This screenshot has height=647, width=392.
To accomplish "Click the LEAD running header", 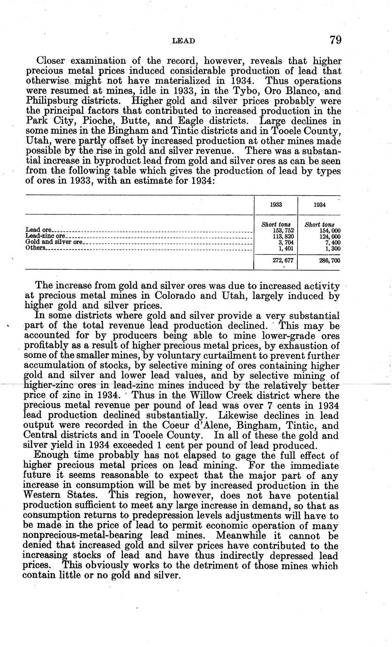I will [x=184, y=41].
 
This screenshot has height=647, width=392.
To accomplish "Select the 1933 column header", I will [x=276, y=205].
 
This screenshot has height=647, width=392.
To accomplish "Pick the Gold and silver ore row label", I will [x=54, y=242].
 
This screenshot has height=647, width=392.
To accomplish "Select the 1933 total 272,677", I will [x=283, y=261].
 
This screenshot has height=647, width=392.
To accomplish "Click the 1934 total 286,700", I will [x=329, y=261].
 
